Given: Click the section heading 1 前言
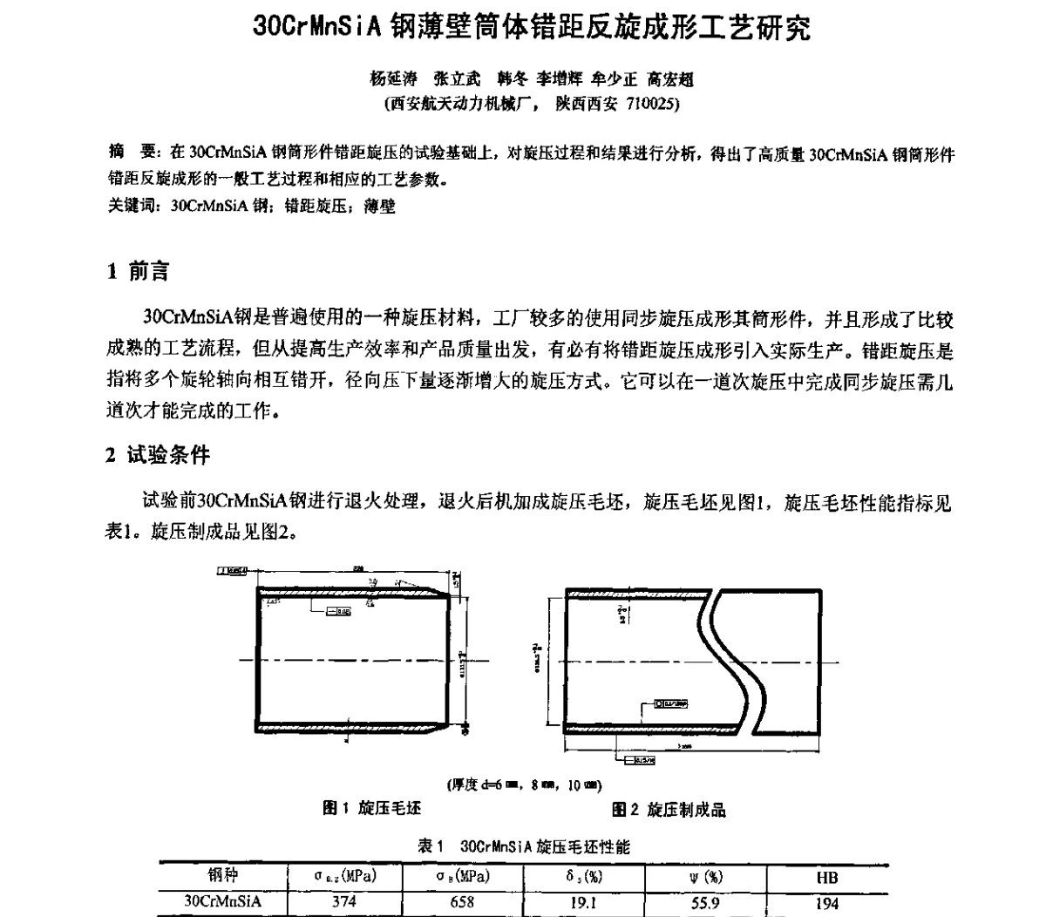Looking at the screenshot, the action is pos(138,272).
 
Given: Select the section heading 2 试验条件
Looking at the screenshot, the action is pos(158,455).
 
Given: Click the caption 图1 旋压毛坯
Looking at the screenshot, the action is pos(372,809).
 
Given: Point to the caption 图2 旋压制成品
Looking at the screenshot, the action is pos(669,810).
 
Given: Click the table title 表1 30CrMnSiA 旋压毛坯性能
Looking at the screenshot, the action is pos(524,846).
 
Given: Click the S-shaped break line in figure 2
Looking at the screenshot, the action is pos(737,662).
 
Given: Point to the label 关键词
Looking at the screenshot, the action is pos(131,207).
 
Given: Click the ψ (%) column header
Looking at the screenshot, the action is pos(705,878).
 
